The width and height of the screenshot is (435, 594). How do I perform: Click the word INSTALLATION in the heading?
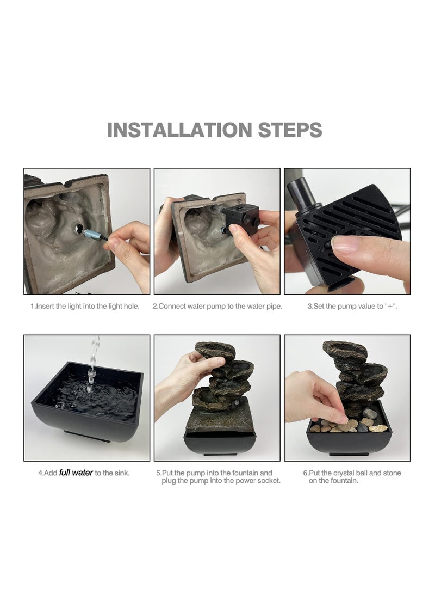(179, 130)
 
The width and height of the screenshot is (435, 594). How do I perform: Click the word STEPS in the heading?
(290, 130)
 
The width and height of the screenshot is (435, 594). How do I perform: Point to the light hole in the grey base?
(79, 228)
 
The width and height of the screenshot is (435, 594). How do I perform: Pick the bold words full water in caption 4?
(76, 473)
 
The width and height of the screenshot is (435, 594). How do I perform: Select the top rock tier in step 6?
(345, 351)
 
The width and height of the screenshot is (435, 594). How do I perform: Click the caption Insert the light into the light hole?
(85, 306)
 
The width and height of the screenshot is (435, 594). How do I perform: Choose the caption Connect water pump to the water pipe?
(217, 306)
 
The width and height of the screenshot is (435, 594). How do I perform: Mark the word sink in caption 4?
(121, 473)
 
